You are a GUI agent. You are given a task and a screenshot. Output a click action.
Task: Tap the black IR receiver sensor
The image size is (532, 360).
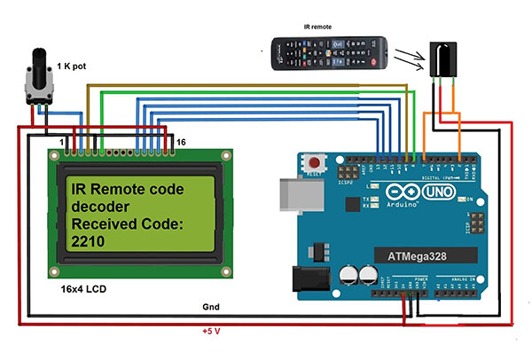(442, 59)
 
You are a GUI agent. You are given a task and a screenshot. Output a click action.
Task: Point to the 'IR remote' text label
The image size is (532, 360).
(317, 27)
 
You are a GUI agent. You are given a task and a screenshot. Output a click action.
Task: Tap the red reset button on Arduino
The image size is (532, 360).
(313, 163)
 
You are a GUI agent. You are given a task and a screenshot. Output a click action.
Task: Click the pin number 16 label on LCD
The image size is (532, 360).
(182, 142)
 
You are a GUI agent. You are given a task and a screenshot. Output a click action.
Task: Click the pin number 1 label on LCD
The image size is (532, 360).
(61, 142)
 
